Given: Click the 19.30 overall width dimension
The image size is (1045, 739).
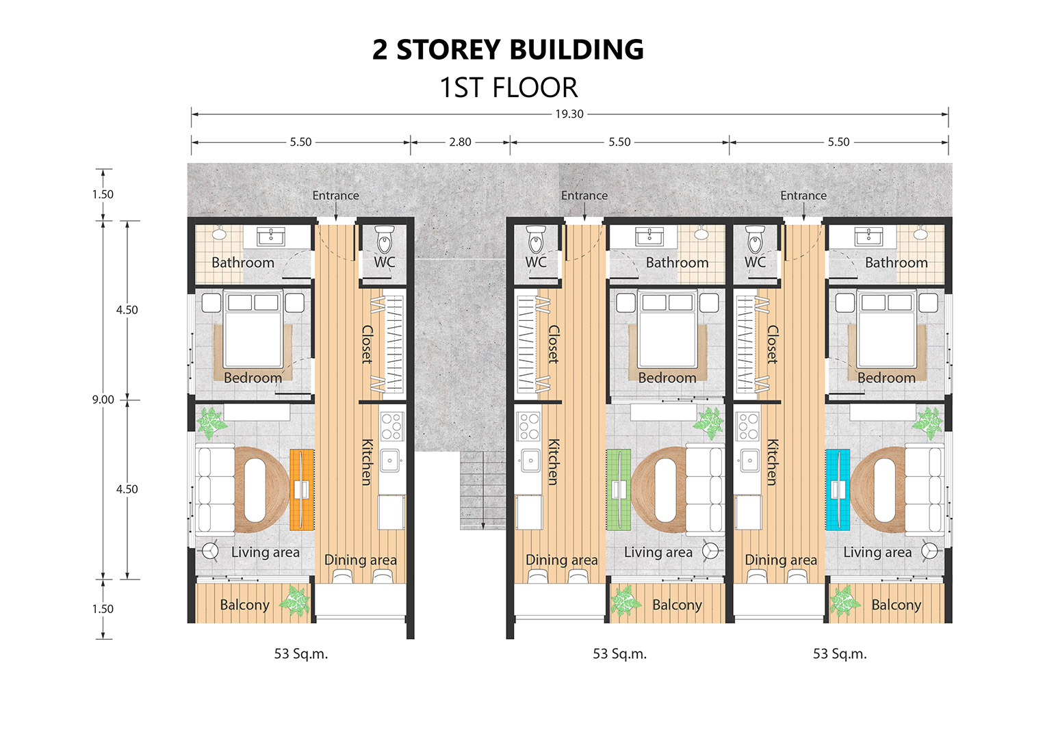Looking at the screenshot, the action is click(x=569, y=114).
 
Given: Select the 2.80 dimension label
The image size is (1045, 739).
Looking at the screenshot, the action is click(x=460, y=142).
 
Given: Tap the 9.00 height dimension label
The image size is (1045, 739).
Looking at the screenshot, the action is click(x=103, y=400).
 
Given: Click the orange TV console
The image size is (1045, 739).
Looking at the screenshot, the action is click(x=302, y=489).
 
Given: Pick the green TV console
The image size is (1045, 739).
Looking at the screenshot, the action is click(x=619, y=489).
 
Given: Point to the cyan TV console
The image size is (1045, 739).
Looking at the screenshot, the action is click(x=838, y=489).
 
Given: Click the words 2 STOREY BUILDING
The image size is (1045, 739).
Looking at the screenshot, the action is click(x=508, y=49).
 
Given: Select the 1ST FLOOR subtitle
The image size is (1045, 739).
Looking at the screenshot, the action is click(x=508, y=88).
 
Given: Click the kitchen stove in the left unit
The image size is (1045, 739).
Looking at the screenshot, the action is click(x=392, y=426).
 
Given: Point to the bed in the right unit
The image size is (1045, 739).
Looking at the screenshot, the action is click(x=886, y=329).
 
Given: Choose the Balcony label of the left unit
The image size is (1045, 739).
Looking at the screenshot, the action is click(x=244, y=605).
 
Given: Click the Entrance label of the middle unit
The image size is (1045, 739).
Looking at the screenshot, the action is click(x=584, y=196).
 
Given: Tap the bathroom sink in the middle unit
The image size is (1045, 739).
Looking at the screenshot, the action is click(x=649, y=236).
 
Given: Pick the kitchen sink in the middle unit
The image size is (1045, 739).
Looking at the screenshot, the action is click(x=530, y=461).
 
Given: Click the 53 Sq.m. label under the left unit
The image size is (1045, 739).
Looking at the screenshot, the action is click(x=301, y=653).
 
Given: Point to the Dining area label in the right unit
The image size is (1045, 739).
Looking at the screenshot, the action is click(x=781, y=560).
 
